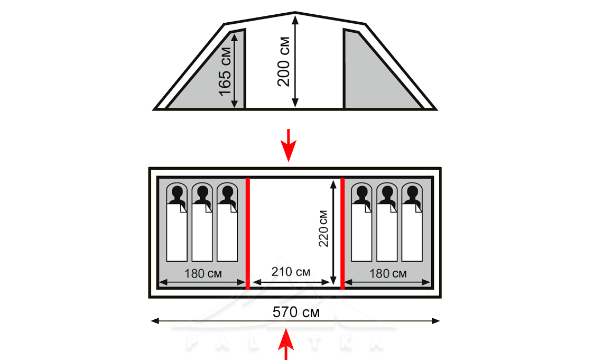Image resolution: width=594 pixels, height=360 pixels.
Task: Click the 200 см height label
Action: tap(284, 61)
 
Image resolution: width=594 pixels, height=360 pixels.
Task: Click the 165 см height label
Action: tap(225, 71)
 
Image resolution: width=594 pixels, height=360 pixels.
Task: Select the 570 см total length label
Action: tap(296, 312)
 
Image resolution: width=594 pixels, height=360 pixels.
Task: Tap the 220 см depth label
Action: tap(323, 229)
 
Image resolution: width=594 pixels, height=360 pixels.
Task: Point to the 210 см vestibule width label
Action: tap(291, 273)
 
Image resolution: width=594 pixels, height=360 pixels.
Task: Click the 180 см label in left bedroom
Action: tap(202, 273)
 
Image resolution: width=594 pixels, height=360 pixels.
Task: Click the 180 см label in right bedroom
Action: tap(387, 273)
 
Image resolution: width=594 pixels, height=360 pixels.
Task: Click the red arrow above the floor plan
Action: tap(288, 143)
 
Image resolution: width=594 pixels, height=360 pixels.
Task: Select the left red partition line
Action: tap(248, 233)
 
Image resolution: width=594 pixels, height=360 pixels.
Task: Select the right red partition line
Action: tap(342, 233)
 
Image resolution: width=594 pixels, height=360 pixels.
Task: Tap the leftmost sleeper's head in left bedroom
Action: tap(177, 192)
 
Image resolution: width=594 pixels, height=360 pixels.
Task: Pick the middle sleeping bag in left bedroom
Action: tap(202, 233)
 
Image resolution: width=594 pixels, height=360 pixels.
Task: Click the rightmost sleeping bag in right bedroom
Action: tap(412, 233)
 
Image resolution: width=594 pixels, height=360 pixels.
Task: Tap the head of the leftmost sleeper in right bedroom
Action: tap(361, 192)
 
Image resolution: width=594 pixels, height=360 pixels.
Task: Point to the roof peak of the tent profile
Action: tap(295, 13)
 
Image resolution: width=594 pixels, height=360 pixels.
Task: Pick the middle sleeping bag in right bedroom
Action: tap(387, 233)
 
